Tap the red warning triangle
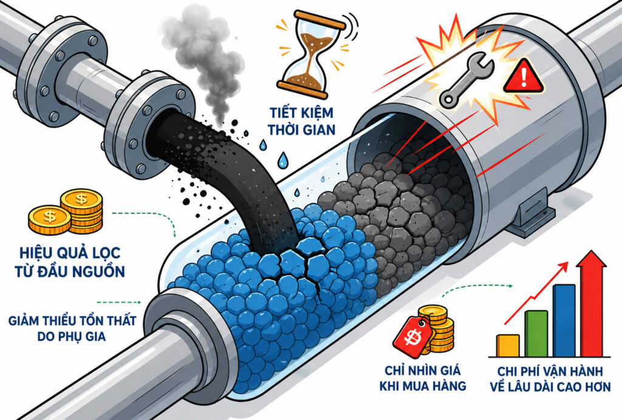[524, 77]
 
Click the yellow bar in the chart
[508, 345]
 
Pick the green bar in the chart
[536, 334]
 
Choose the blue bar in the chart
[564, 320]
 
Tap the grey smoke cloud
[203, 60]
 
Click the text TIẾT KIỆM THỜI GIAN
[301, 121]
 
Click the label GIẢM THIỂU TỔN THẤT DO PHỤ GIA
[72, 328]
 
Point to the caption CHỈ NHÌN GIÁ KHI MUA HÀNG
[423, 378]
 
